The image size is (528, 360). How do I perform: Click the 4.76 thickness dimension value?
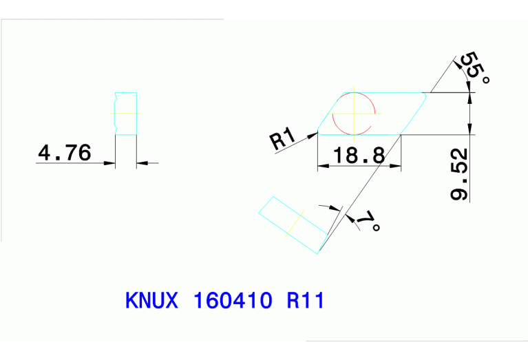(64, 153)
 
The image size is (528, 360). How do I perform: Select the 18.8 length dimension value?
(358, 156)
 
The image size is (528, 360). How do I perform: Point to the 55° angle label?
(474, 68)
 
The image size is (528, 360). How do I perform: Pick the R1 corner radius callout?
(282, 140)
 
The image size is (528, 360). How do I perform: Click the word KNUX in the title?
(152, 301)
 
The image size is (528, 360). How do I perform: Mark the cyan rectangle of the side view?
(126, 113)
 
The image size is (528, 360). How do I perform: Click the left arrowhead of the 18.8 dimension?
(321, 165)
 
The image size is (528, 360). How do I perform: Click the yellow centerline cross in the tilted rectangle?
(296, 222)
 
